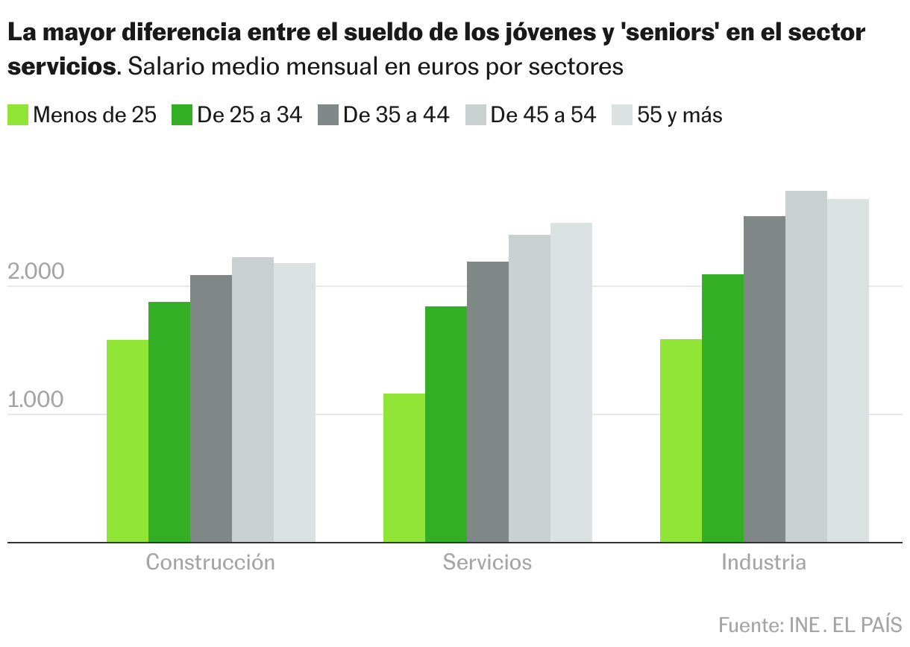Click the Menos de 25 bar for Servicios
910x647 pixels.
[404, 468]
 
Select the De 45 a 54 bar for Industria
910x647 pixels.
[806, 367]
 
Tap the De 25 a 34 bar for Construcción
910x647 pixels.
[169, 422]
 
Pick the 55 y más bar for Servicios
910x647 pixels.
[571, 382]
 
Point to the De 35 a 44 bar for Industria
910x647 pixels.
[765, 379]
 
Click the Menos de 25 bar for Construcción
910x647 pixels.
[128, 441]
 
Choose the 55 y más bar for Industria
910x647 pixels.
[848, 370]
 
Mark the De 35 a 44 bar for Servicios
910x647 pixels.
[488, 402]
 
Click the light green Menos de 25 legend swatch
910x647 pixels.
[18, 115]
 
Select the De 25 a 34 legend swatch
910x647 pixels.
[182, 115]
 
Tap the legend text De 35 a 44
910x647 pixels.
[396, 116]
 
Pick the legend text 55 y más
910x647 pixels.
[680, 116]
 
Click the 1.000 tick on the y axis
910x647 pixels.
[36, 401]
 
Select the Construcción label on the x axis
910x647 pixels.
[210, 562]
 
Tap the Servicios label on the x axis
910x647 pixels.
[487, 562]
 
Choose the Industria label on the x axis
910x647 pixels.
[764, 562]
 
